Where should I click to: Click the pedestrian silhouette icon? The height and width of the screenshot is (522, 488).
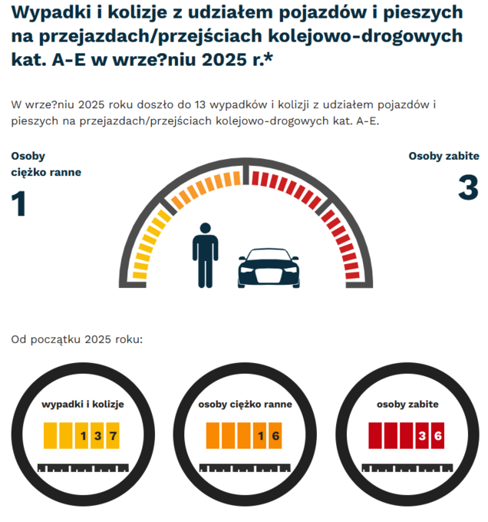pos(205,255)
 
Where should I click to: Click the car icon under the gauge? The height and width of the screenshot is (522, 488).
pos(267,268)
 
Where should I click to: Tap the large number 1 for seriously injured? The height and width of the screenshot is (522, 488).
pos(18,203)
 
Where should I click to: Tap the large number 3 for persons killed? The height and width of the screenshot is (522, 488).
pos(467,188)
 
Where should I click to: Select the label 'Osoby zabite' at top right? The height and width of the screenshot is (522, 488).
pos(443,156)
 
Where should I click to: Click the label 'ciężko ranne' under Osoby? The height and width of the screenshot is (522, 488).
pos(46,172)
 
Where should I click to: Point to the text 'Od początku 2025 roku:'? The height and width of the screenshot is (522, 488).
pos(77,339)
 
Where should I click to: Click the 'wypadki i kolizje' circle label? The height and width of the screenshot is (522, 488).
pos(83,404)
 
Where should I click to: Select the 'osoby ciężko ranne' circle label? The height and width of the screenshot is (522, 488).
pos(245,405)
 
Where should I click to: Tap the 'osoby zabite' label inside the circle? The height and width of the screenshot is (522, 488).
pos(407,404)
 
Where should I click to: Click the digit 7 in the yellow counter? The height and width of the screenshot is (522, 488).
pos(114,436)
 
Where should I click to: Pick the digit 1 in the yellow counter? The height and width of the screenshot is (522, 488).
pos(82,436)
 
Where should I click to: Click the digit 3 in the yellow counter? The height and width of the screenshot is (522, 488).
pos(98,436)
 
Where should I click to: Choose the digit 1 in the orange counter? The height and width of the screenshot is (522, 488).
pos(261,436)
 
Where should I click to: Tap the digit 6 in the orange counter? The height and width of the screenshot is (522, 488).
pos(276,436)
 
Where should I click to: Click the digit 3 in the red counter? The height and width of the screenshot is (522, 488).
pos(422,436)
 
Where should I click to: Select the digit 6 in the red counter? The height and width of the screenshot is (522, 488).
pos(437,436)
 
